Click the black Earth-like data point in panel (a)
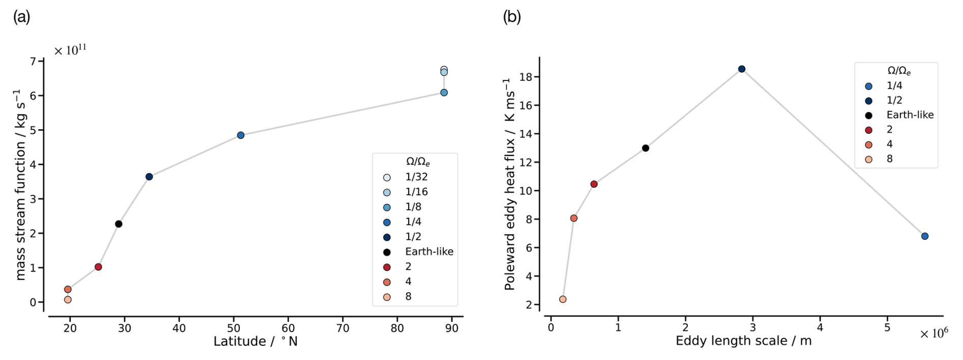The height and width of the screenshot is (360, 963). (119, 224)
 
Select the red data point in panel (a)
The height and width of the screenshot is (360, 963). (98, 267)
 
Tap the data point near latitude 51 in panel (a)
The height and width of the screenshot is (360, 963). (241, 135)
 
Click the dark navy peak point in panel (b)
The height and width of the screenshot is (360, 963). (742, 69)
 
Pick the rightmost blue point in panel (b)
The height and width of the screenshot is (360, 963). (925, 236)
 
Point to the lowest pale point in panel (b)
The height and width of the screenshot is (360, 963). (562, 299)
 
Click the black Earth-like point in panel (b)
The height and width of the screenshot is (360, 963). (645, 148)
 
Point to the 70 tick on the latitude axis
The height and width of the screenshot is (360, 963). (343, 328)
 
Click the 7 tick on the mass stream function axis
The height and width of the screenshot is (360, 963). (33, 62)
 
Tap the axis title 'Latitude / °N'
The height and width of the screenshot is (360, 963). (255, 342)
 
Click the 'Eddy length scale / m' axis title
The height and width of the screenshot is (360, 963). (743, 341)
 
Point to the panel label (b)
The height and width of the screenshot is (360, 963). (512, 17)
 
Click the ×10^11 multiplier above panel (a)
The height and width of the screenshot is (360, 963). (70, 50)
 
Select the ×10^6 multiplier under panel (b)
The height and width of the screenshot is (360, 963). (933, 334)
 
